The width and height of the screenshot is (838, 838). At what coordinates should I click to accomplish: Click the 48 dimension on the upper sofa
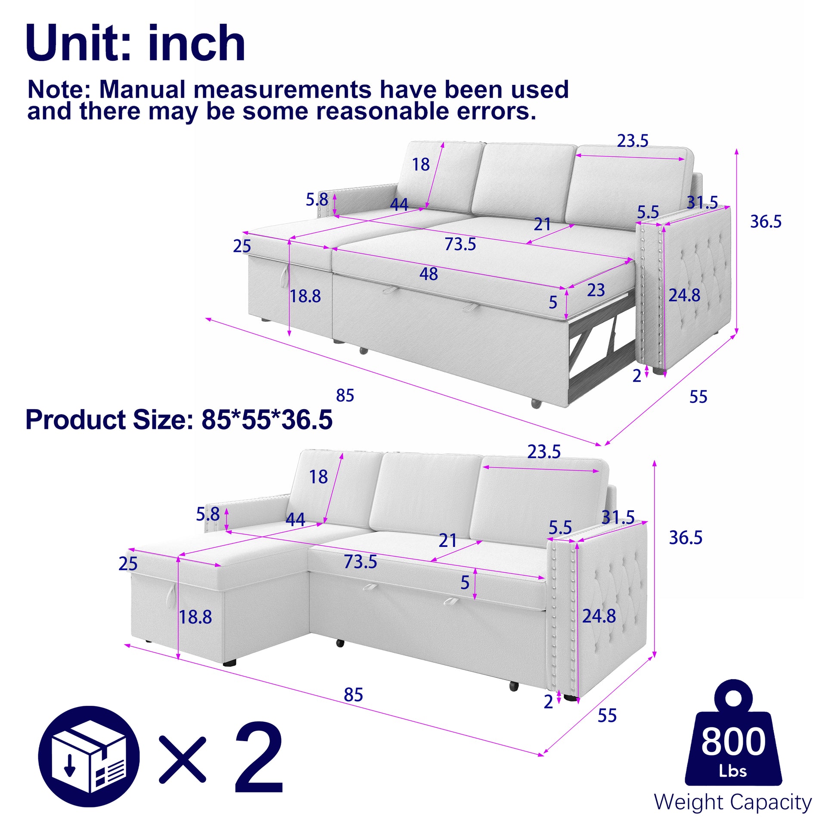click(428, 274)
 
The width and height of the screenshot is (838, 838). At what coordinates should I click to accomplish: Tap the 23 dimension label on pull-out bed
click(596, 290)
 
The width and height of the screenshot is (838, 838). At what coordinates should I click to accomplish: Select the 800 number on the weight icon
click(733, 742)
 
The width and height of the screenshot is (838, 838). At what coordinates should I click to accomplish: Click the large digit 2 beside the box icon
click(259, 763)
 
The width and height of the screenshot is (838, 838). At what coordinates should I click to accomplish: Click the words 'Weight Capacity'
click(732, 802)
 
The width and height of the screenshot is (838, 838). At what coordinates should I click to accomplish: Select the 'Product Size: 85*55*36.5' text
click(179, 420)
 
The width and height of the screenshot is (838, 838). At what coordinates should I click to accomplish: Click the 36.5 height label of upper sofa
click(766, 222)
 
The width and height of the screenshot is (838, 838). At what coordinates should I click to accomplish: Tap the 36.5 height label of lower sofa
click(685, 538)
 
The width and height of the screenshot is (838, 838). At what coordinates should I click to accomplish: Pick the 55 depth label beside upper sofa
click(698, 397)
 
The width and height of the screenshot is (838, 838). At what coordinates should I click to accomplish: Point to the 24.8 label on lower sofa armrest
click(599, 616)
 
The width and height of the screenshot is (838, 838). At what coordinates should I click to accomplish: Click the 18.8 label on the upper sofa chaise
click(305, 296)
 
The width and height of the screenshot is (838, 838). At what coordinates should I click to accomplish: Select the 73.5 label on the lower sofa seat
click(360, 562)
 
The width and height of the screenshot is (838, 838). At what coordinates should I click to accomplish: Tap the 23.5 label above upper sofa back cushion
click(633, 141)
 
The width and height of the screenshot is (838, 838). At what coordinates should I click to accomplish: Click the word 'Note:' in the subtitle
click(59, 90)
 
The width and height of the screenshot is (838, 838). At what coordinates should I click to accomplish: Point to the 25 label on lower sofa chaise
click(128, 564)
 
